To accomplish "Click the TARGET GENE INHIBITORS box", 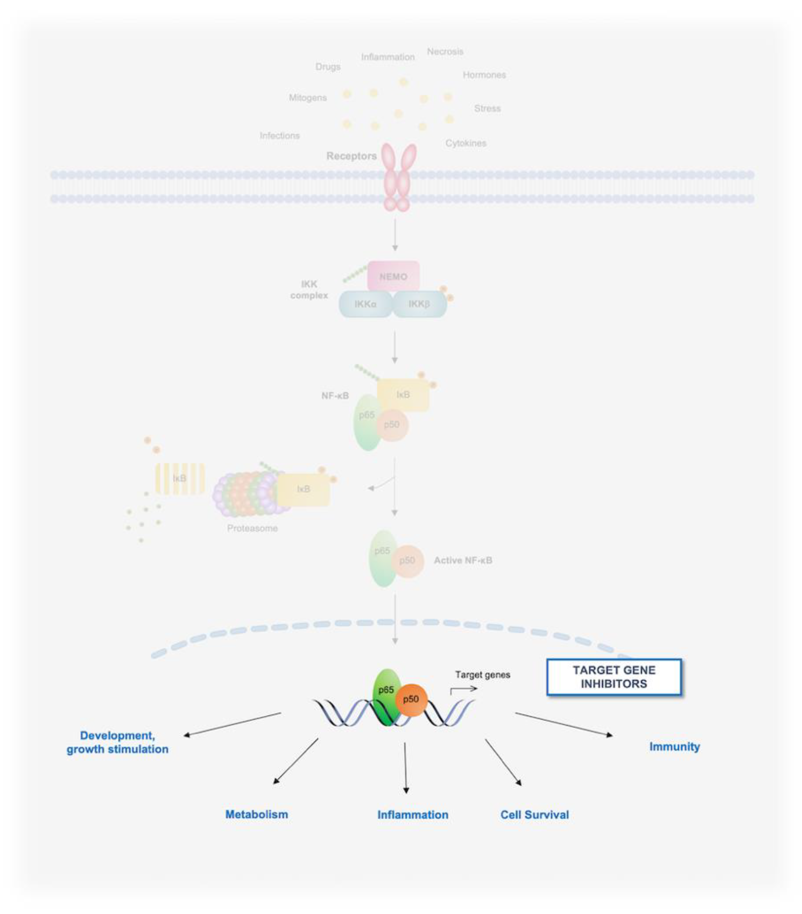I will point(614,677).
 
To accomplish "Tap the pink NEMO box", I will point(393,276).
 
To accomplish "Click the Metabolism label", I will point(256,814).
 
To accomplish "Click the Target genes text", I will point(483,674).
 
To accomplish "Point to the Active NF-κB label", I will point(463,560).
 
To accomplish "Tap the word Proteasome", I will point(252,528).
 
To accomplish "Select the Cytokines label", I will point(466,143).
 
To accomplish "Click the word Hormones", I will point(484,75).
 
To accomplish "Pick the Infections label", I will point(280,136).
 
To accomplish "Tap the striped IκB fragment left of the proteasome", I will point(180,479).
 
